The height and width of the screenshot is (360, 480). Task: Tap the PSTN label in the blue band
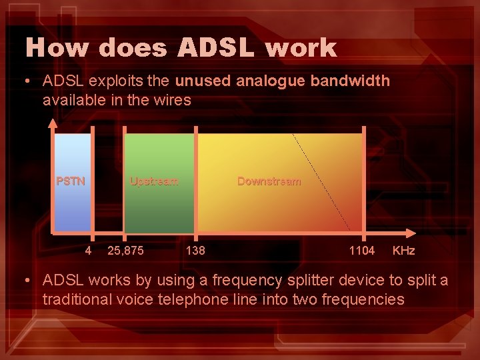(x=71, y=181)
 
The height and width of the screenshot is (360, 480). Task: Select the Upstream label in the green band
(x=154, y=181)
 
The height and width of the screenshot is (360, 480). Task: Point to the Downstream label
(x=269, y=181)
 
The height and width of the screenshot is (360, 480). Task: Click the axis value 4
(x=88, y=251)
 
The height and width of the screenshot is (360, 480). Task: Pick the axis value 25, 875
(x=125, y=251)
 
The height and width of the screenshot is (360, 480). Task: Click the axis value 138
(x=195, y=251)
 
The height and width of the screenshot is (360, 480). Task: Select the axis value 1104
(x=362, y=251)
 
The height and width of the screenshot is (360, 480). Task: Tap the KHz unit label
(x=403, y=251)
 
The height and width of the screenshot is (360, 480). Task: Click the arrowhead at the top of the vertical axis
(x=54, y=122)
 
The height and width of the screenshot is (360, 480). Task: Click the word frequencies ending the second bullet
(x=362, y=299)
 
